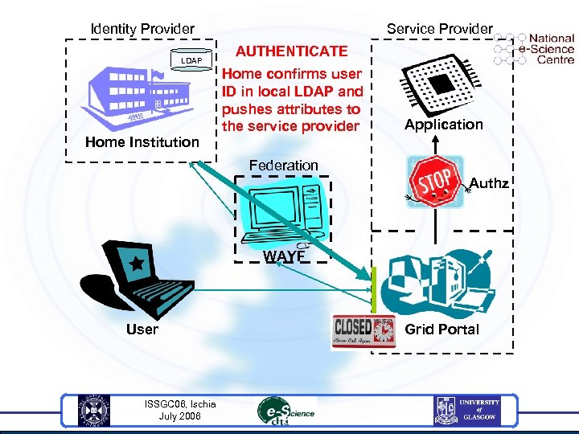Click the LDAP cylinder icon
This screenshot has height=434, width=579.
pyautogui.click(x=191, y=60)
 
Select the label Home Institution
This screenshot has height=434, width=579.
pyautogui.click(x=142, y=142)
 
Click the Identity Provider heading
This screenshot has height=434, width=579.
pyautogui.click(x=142, y=29)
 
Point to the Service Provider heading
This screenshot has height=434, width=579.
pyautogui.click(x=439, y=29)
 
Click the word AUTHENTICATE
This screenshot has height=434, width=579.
pyautogui.click(x=291, y=51)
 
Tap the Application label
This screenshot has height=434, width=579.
pyautogui.click(x=444, y=125)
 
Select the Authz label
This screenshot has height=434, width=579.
pyautogui.click(x=489, y=184)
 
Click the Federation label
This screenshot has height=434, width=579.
pyautogui.click(x=283, y=166)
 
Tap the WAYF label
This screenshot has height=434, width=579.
pyautogui.click(x=284, y=257)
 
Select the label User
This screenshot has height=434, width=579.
pyautogui.click(x=142, y=330)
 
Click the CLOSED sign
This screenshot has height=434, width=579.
pyautogui.click(x=363, y=331)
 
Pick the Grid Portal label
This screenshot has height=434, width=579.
pyautogui.click(x=441, y=330)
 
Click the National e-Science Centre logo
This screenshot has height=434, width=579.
pyautogui.click(x=536, y=48)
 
